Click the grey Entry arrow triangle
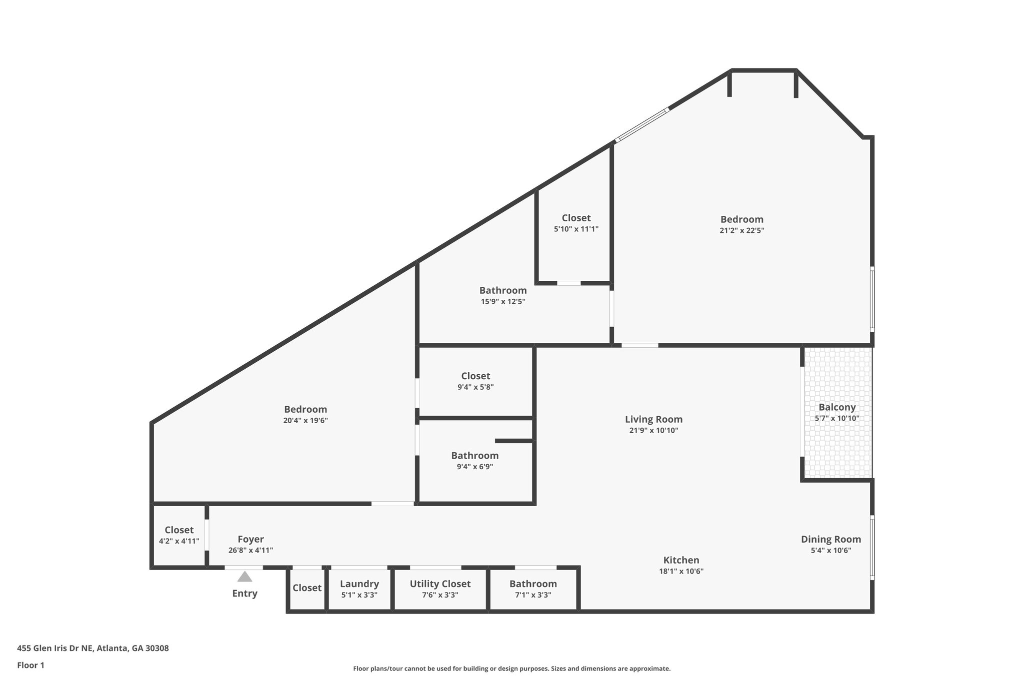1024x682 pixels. (x=244, y=577)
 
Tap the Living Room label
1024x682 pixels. (x=653, y=419)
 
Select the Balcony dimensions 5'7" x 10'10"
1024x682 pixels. (x=837, y=418)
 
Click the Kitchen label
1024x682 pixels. (x=681, y=560)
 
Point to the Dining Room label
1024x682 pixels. (x=830, y=539)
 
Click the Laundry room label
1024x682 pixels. (x=359, y=584)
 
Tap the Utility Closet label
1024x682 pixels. (x=440, y=584)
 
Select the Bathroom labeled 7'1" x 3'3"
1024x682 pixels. (x=533, y=584)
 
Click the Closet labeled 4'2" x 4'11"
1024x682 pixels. (x=179, y=530)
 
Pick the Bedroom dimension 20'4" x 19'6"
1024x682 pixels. (x=305, y=420)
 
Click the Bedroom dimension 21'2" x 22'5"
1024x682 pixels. (x=741, y=230)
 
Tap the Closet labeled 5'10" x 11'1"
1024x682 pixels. (x=576, y=218)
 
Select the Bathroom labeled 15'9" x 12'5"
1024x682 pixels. (x=502, y=290)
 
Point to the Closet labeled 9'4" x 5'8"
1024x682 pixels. (x=475, y=376)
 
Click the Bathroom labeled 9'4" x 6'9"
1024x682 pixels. (x=474, y=456)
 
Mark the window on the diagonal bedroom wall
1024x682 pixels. (x=642, y=125)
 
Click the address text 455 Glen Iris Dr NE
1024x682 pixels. (x=93, y=649)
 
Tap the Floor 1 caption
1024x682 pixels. (x=30, y=665)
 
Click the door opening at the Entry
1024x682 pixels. (x=243, y=568)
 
